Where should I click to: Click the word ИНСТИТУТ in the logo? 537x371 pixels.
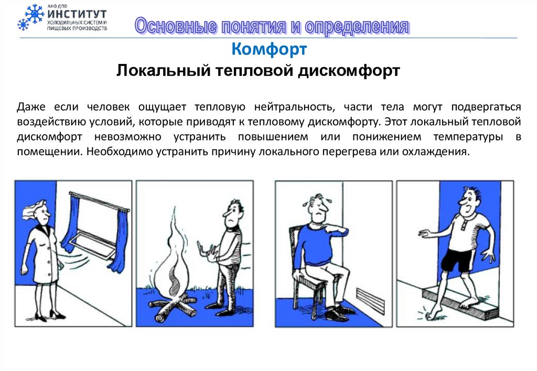pos(77,14)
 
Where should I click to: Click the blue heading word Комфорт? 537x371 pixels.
pos(269,49)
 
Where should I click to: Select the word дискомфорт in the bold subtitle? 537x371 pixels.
pos(349,71)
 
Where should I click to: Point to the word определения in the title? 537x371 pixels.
pos(357,27)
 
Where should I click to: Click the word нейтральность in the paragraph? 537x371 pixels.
pos(294,107)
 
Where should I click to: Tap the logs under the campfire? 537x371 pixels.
pos(173,308)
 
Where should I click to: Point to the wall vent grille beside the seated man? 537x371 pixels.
pos(371,299)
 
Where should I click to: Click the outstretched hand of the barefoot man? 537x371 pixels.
pos(427,233)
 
